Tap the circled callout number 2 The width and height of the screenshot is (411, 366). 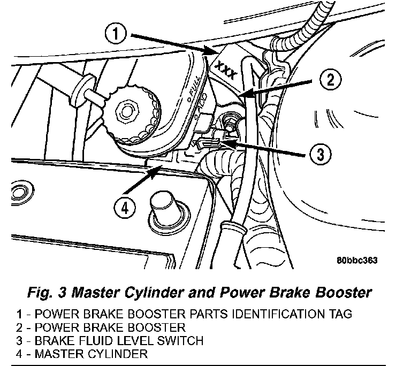click(330, 81)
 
